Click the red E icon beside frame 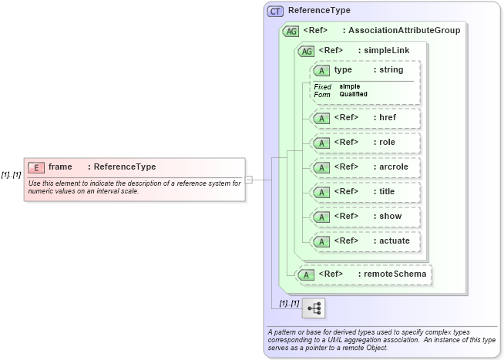click(x=35, y=167)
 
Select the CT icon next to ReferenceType click(x=275, y=11)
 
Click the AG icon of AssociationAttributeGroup click(x=291, y=31)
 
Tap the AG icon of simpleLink click(x=307, y=51)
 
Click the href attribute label click(x=387, y=118)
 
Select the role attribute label click(x=387, y=143)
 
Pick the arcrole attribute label click(x=393, y=167)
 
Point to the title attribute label click(x=388, y=191)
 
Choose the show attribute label click(x=390, y=216)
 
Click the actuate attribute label click(x=394, y=241)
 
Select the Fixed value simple click(x=349, y=86)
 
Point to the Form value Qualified click(x=353, y=94)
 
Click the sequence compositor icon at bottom click(x=314, y=308)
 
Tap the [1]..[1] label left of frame click(x=11, y=175)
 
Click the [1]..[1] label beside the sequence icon click(x=289, y=303)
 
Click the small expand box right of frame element click(x=248, y=180)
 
